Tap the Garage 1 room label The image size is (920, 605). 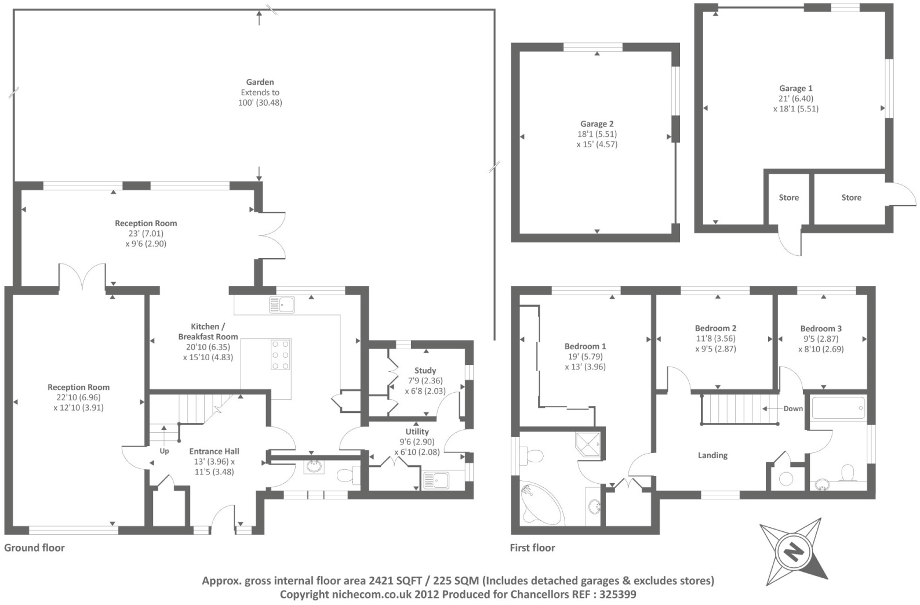[x=795, y=88]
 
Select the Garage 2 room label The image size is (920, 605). [x=597, y=124]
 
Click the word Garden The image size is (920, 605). [x=260, y=82]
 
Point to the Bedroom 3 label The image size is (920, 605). [x=821, y=328]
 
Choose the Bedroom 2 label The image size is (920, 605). [x=715, y=328]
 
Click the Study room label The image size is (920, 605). [x=425, y=371]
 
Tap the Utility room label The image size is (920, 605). [x=417, y=432]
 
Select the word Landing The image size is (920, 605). [x=712, y=455]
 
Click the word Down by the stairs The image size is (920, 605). [x=793, y=408]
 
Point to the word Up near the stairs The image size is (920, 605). [x=164, y=451]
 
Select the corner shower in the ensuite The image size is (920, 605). [x=588, y=445]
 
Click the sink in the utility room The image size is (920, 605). [x=436, y=480]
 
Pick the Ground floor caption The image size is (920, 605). [x=35, y=548]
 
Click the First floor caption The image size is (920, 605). [x=532, y=548]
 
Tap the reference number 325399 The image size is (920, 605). [x=618, y=595]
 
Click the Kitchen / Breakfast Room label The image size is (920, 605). [x=208, y=332]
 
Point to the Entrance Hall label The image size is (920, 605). [x=214, y=451]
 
